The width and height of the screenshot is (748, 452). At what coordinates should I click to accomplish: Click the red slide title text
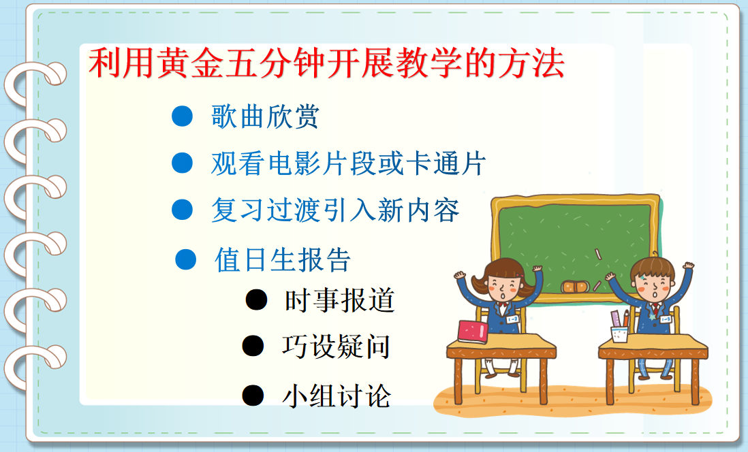click(326, 63)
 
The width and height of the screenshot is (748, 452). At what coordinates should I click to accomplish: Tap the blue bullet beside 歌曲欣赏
click(182, 116)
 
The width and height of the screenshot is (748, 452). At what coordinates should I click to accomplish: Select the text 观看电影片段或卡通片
click(348, 163)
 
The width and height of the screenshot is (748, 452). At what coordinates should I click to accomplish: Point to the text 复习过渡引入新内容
click(335, 210)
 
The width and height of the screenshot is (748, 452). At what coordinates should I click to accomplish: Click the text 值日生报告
click(283, 260)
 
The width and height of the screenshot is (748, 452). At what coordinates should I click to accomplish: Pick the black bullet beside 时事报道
click(256, 300)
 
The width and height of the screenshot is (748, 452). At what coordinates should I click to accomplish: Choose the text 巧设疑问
click(336, 346)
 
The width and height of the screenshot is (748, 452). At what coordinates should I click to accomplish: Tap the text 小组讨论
click(337, 395)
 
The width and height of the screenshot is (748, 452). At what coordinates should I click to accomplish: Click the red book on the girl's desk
click(473, 332)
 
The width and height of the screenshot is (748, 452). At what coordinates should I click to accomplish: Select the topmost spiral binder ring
click(34, 82)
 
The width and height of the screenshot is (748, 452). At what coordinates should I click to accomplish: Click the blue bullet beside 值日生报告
click(185, 259)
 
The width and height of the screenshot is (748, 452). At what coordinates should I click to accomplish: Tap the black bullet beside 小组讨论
click(253, 395)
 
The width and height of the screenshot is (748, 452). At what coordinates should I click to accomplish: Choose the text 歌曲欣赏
click(265, 116)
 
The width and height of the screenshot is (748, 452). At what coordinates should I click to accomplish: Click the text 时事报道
click(340, 300)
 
